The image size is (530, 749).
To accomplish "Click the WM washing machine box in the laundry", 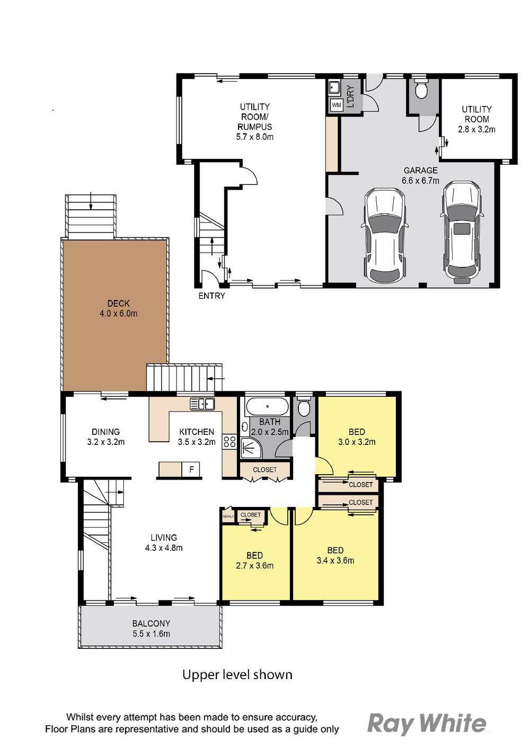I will pyautogui.click(x=336, y=105).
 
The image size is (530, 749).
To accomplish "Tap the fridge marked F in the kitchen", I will pyautogui.click(x=191, y=469).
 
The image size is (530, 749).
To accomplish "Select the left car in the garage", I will pyautogui.click(x=384, y=236).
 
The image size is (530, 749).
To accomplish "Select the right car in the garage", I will pyautogui.click(x=463, y=230).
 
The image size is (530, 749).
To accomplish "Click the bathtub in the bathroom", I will pyautogui.click(x=267, y=407).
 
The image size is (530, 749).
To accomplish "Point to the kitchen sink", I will pyautogui.click(x=202, y=404).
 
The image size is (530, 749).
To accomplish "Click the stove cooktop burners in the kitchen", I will pyautogui.click(x=229, y=442).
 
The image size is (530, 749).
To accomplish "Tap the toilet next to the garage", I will pyautogui.click(x=421, y=91).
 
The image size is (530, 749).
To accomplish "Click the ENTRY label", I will pyautogui.click(x=211, y=296).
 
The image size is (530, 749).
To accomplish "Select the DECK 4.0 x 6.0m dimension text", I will pyautogui.click(x=118, y=314).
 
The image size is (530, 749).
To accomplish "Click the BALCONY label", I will pyautogui.click(x=151, y=623).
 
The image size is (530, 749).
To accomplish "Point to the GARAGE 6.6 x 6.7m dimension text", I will pyautogui.click(x=420, y=180).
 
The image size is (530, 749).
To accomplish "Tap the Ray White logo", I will pyautogui.click(x=426, y=723).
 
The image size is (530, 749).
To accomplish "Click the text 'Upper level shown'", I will pyautogui.click(x=237, y=674).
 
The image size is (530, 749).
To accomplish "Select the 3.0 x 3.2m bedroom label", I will pyautogui.click(x=357, y=442).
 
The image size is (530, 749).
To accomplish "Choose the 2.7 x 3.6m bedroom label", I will pyautogui.click(x=254, y=565).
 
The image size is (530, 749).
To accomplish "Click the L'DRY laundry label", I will pyautogui.click(x=350, y=96).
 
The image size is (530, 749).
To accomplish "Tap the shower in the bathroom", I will pyautogui.click(x=250, y=448).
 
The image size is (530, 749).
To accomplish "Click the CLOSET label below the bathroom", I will pyautogui.click(x=264, y=470).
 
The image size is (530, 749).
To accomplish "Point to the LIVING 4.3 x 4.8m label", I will pyautogui.click(x=164, y=542).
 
